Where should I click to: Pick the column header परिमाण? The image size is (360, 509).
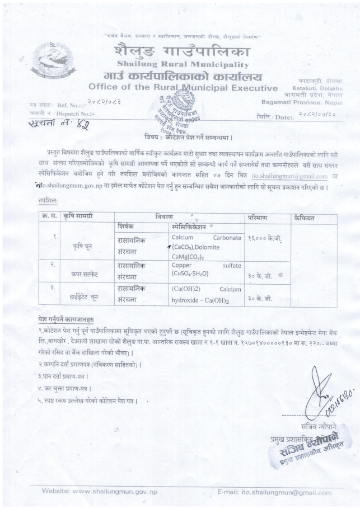[258, 216]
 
